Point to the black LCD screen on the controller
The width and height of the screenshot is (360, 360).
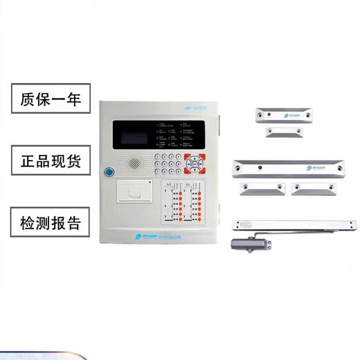click(134, 137)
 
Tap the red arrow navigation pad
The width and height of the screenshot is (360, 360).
click(197, 163)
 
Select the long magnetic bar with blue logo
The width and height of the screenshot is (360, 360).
click(289, 167)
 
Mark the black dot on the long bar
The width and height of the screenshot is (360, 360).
click(260, 167)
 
